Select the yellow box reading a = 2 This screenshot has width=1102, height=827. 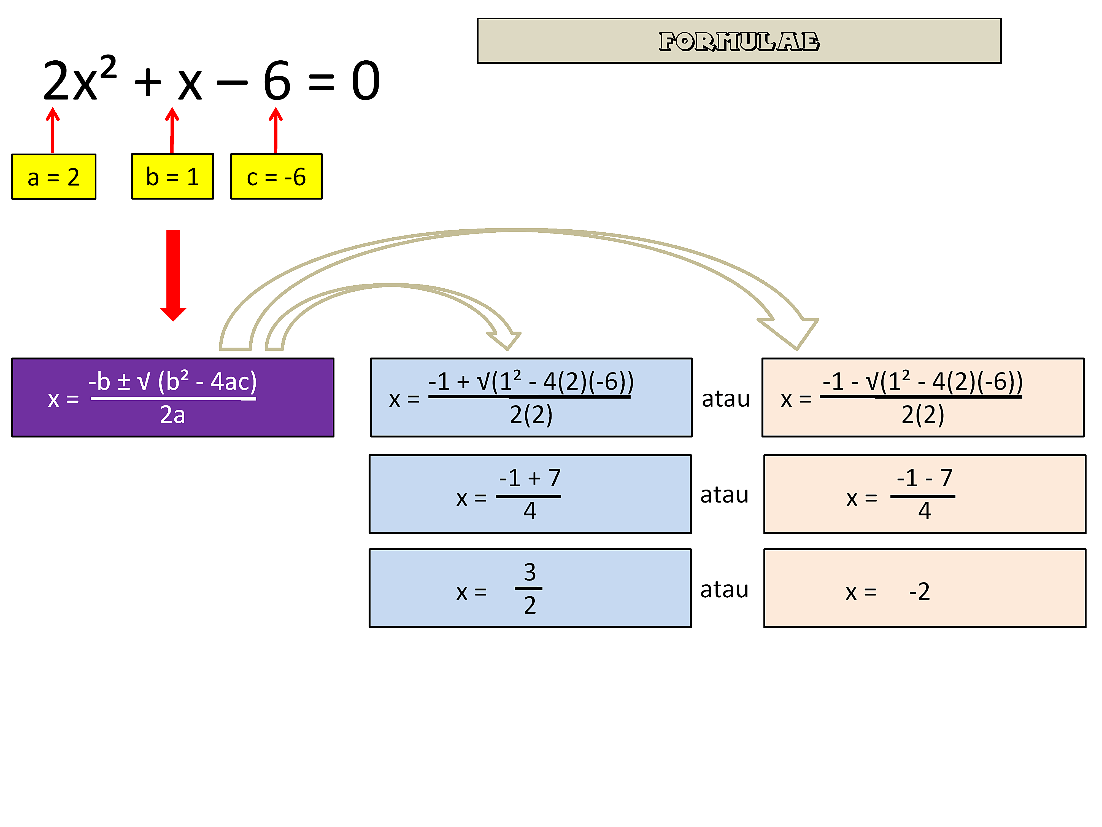pyautogui.click(x=54, y=177)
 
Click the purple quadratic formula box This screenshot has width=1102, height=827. pyautogui.click(x=173, y=397)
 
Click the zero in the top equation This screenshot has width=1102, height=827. pyautogui.click(x=366, y=81)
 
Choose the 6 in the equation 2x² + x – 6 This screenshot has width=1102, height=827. pyautogui.click(x=277, y=81)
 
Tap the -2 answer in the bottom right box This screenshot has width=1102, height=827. pyautogui.click(x=919, y=592)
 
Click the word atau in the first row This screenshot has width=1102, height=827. pyautogui.click(x=725, y=399)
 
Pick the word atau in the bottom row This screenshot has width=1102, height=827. pyautogui.click(x=724, y=590)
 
